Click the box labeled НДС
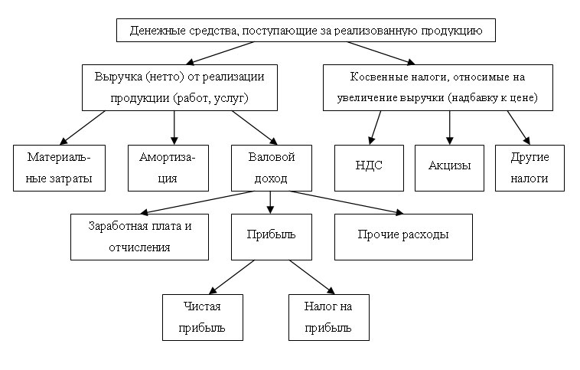tap(369, 169)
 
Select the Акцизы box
tap(449, 169)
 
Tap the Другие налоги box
tap(529, 169)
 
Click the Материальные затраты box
tap(59, 169)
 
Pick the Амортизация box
tap(168, 169)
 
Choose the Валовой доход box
tap(272, 169)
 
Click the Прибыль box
tap(272, 237)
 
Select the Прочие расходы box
tap(403, 237)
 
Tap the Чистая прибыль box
tap(203, 317)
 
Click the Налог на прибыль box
tap(329, 317)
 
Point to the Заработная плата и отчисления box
tap(139, 237)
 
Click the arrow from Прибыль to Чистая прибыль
tap(232, 277)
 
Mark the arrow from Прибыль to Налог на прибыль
tap(312, 277)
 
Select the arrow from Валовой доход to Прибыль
tap(270, 202)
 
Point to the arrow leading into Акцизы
tap(449, 128)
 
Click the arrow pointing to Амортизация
tap(174, 128)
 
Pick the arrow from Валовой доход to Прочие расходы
tap(347, 202)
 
